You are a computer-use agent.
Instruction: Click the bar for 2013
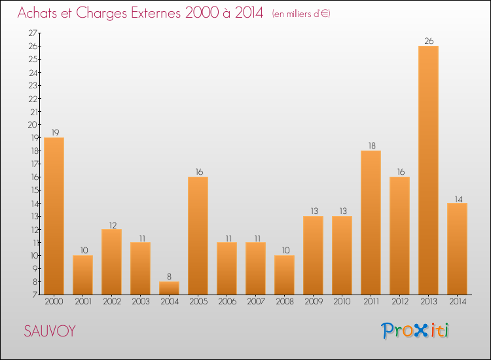tap(428, 170)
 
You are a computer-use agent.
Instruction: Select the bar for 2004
tap(169, 288)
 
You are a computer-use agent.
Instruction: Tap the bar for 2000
tap(54, 216)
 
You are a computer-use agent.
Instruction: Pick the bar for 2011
tap(371, 223)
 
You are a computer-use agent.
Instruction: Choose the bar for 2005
tap(198, 236)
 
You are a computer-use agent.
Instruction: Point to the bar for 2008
tap(284, 275)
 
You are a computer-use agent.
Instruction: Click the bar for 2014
tap(457, 249)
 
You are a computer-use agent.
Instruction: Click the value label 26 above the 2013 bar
tap(428, 41)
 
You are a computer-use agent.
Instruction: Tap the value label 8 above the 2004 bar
tap(169, 277)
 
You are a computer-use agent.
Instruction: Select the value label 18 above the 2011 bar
tap(371, 146)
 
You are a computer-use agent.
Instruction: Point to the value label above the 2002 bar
tap(111, 225)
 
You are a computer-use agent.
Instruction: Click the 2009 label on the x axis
tap(313, 301)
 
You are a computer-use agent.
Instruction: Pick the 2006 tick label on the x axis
tap(227, 301)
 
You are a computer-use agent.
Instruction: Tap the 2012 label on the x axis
tap(399, 301)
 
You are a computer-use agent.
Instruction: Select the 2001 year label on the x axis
tap(82, 301)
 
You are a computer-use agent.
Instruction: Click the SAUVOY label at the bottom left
tap(49, 331)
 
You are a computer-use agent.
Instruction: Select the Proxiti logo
tap(415, 331)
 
